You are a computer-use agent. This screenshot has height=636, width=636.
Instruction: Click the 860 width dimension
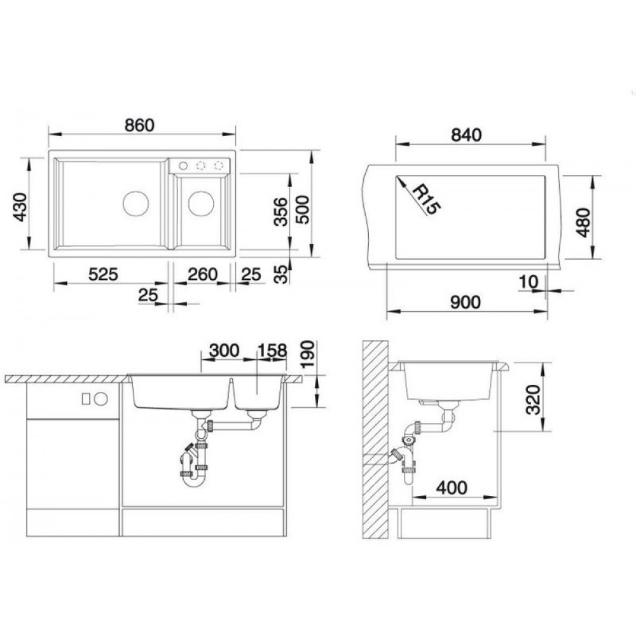pyautogui.click(x=139, y=125)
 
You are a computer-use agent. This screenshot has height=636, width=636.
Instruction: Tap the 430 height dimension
pyautogui.click(x=20, y=207)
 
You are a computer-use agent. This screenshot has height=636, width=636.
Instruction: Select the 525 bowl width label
pyautogui.click(x=103, y=275)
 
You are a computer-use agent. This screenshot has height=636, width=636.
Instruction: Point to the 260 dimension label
pyautogui.click(x=202, y=275)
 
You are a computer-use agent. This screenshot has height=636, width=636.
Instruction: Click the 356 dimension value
pyautogui.click(x=280, y=211)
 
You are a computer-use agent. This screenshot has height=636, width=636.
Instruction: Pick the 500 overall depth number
pyautogui.click(x=302, y=210)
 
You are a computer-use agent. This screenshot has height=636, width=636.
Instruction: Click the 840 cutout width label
pyautogui.click(x=466, y=135)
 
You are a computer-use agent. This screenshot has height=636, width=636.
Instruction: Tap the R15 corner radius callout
pyautogui.click(x=426, y=198)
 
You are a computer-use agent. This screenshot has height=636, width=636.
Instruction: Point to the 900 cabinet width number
pyautogui.click(x=466, y=302)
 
